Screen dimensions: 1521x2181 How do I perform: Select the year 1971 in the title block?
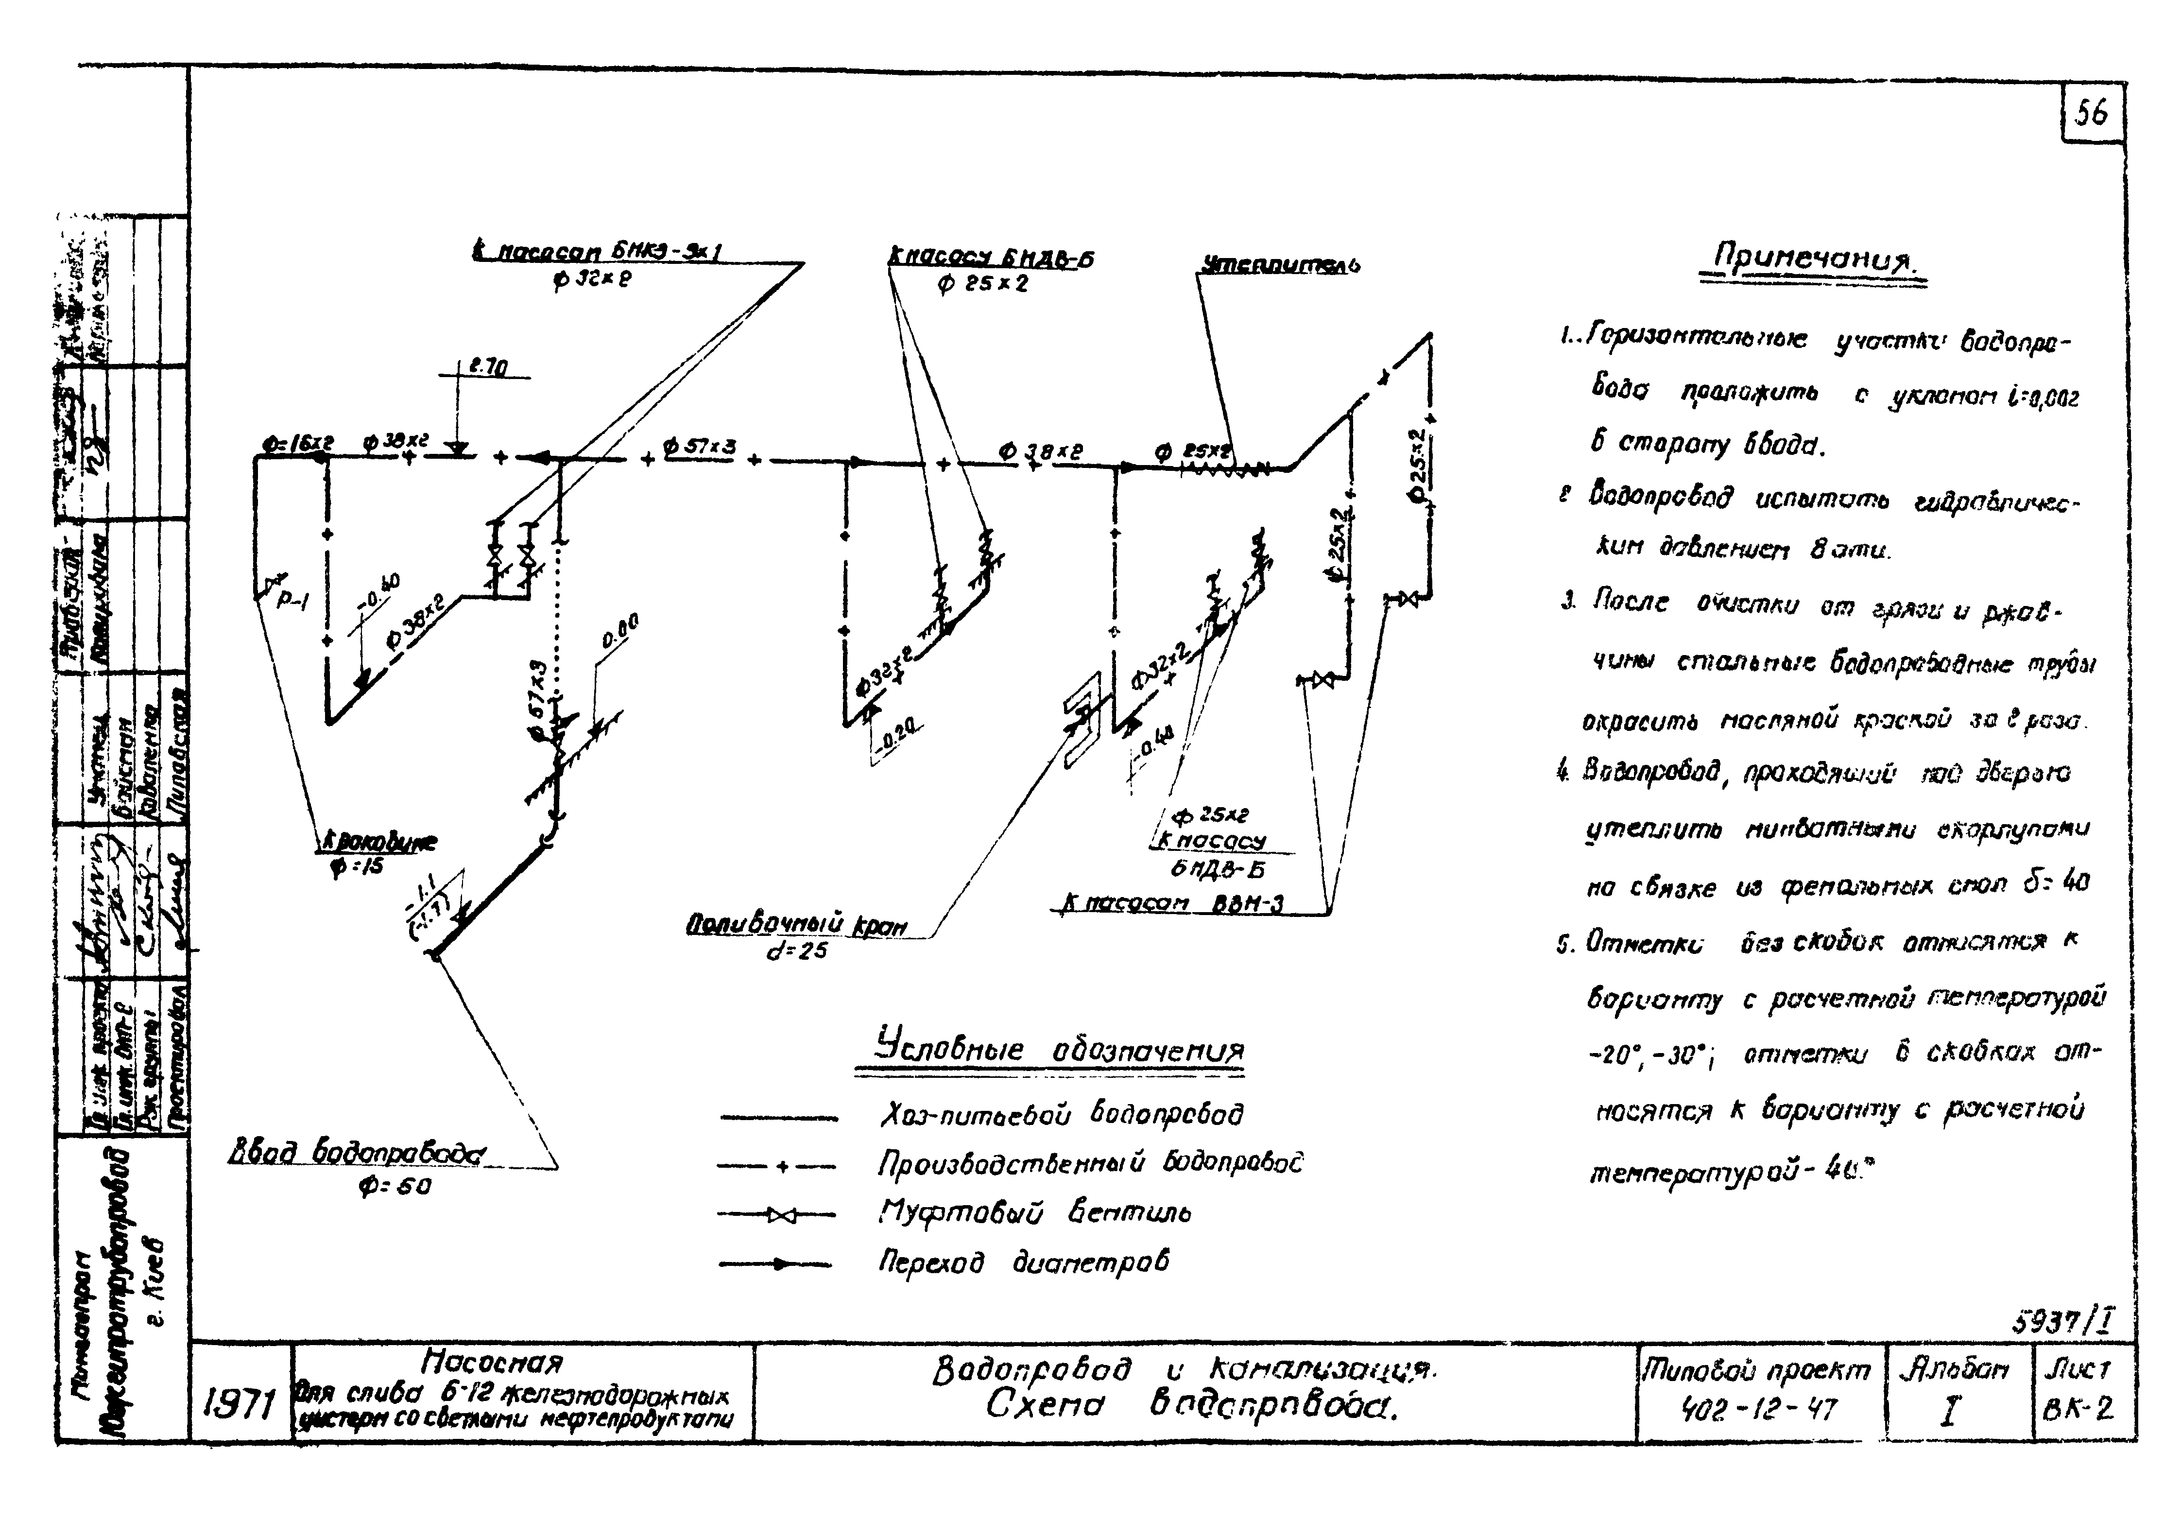pos(240,1401)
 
